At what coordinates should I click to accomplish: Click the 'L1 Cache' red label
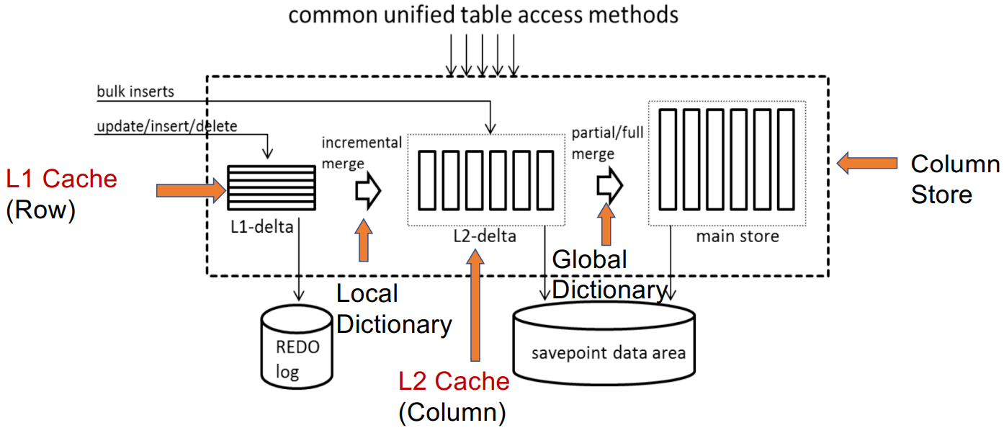pos(61,179)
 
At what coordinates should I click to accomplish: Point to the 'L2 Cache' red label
pos(454,382)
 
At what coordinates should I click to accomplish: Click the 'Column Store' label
pos(954,179)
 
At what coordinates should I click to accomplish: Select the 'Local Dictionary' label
pos(393,309)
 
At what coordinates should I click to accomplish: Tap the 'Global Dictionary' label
pos(609,275)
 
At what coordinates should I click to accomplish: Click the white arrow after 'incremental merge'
pos(367,192)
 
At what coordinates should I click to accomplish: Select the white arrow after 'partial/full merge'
pos(609,185)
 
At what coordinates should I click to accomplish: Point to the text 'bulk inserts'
pos(135,92)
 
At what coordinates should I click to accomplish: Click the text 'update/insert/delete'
pos(166,127)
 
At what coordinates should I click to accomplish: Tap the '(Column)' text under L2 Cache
pos(452,411)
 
